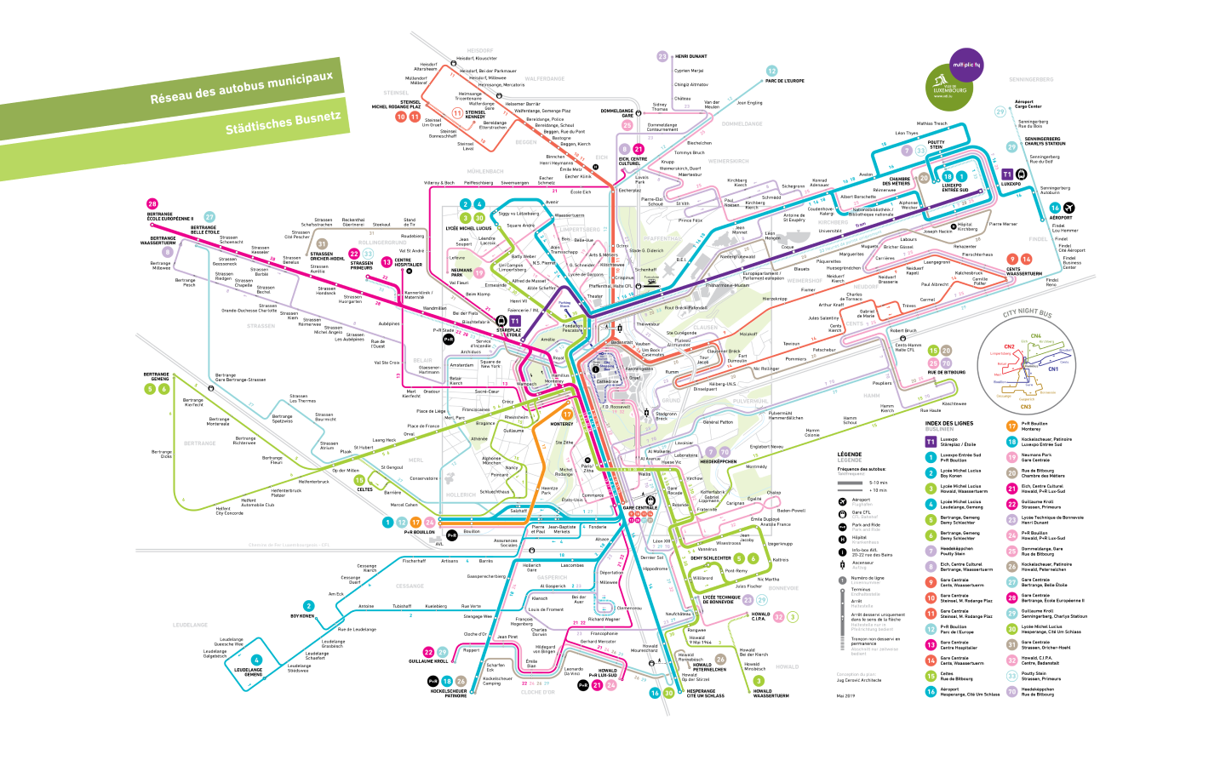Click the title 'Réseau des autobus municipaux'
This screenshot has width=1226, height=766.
tap(241, 88)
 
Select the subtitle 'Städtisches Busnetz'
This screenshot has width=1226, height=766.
tap(283, 123)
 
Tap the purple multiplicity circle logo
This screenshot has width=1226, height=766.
tap(966, 65)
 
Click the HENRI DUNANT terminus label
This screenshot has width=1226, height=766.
tap(690, 56)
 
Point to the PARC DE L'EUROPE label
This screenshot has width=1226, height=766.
tap(784, 81)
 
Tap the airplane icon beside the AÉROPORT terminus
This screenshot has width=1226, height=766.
tap(1069, 208)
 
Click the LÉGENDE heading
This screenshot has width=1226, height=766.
tap(849, 454)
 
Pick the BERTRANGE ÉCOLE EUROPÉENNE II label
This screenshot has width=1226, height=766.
tap(169, 216)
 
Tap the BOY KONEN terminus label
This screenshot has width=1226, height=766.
tap(302, 615)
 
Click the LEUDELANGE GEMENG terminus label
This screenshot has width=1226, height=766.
tap(248, 672)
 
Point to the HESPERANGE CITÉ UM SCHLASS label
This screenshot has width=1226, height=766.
tap(706, 694)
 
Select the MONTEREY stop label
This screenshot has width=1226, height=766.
tap(561, 424)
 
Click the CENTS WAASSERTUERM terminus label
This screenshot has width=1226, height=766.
tap(1023, 272)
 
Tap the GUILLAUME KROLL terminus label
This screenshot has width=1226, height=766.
tap(427, 661)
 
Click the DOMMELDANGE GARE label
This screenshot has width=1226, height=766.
tap(616, 112)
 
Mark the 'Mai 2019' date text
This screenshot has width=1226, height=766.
tap(845, 695)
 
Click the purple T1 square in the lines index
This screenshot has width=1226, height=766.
tap(931, 442)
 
